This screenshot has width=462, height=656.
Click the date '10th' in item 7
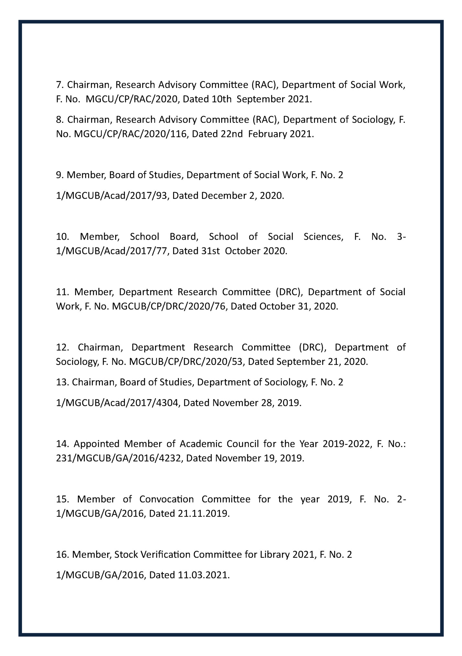(221, 99)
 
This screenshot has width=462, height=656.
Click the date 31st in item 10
(211, 251)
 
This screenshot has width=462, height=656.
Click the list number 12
(62, 347)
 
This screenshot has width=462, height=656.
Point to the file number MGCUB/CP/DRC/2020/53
(187, 362)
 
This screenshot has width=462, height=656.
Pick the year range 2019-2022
(346, 444)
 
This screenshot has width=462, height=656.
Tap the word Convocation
(166, 499)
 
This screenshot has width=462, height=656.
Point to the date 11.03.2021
(203, 575)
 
